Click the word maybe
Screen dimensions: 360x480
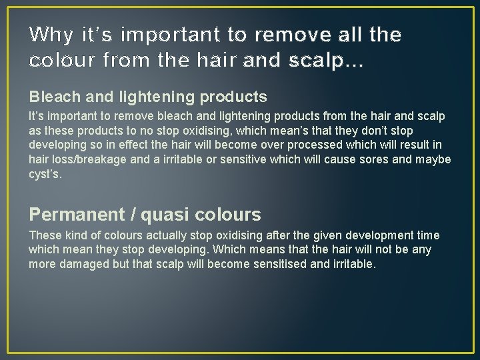coord(433,160)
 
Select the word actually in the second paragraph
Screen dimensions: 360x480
coord(166,235)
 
